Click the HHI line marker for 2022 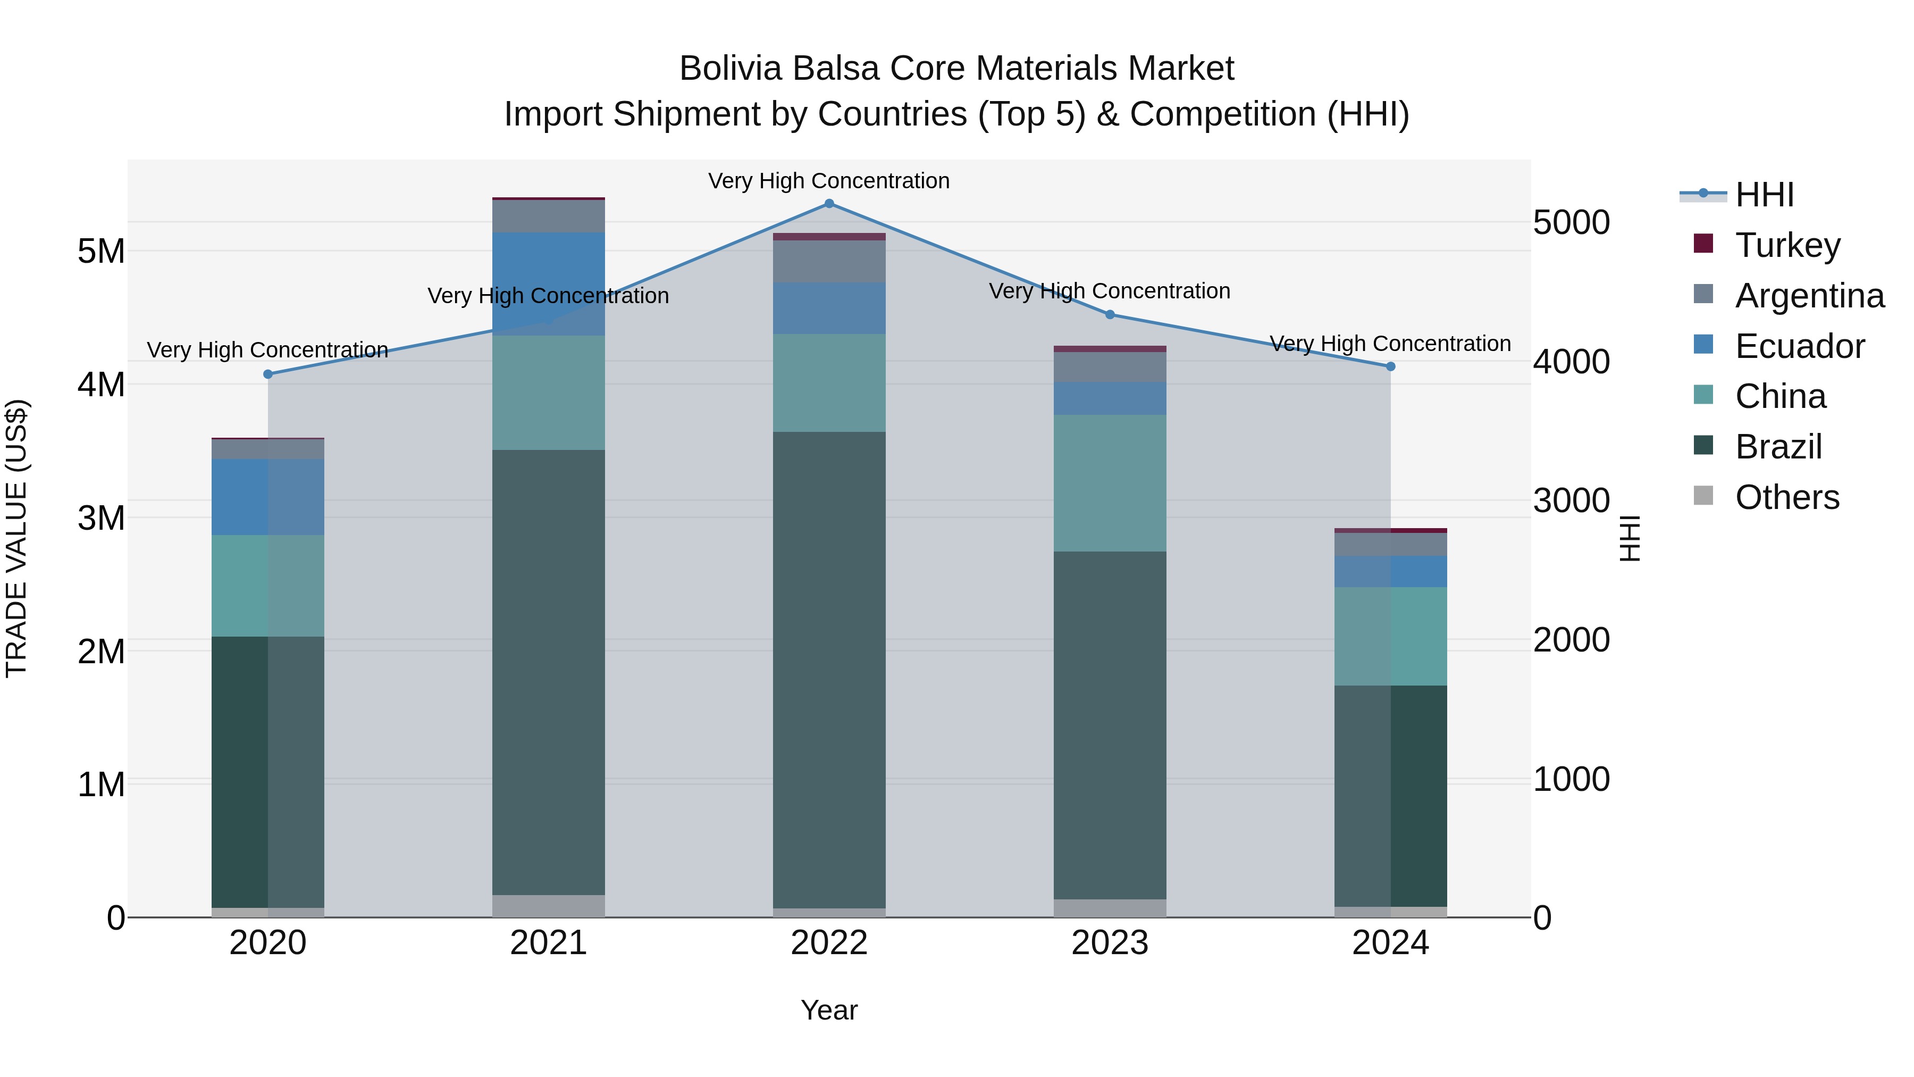tap(829, 204)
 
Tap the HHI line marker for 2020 tap(268, 374)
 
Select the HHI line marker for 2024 tap(1391, 366)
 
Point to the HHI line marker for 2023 tap(1110, 314)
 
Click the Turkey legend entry tap(1787, 245)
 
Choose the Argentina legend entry tap(1809, 296)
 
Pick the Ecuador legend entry tap(1800, 346)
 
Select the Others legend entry tap(1787, 497)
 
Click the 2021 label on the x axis tap(548, 943)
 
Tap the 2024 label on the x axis tap(1390, 943)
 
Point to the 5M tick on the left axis tap(101, 251)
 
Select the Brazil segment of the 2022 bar tap(829, 669)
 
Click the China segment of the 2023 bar tap(1110, 483)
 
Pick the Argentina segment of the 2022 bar tap(829, 262)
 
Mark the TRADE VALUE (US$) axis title tap(16, 538)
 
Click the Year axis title tap(829, 1010)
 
